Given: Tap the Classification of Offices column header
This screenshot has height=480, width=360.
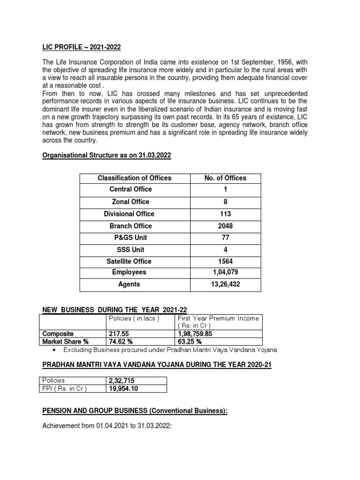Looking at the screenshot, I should click(135, 178).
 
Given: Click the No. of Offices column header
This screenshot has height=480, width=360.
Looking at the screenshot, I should click(225, 178).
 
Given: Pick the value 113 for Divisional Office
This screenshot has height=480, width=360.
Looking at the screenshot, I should click(225, 214).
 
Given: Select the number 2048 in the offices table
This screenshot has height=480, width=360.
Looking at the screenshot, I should click(225, 226).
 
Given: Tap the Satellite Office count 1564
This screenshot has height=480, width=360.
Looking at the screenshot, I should click(225, 261).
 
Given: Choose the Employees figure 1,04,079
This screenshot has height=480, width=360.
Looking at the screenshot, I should click(225, 272).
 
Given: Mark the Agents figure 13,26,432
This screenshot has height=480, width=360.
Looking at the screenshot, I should click(225, 284).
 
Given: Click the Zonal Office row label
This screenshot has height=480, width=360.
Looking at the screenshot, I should click(131, 202).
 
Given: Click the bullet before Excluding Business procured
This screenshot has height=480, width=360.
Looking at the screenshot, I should click(56, 350).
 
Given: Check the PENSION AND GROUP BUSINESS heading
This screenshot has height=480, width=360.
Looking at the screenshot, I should click(135, 411).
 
